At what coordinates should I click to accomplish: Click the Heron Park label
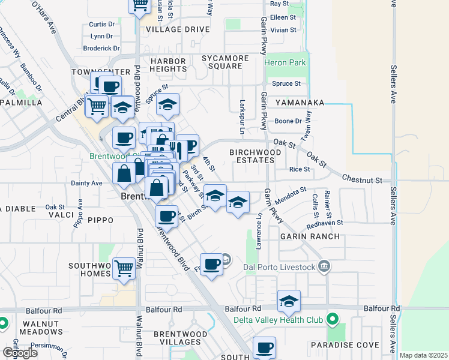[286, 63]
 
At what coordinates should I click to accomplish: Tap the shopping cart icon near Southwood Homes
[124, 268]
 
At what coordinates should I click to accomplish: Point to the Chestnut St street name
[363, 179]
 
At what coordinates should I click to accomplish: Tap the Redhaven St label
[325, 222]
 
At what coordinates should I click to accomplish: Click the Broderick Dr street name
[101, 48]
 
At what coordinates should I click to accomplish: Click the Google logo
[19, 352]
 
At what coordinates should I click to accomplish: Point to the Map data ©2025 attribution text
[424, 355]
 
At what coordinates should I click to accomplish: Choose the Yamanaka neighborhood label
[300, 103]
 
